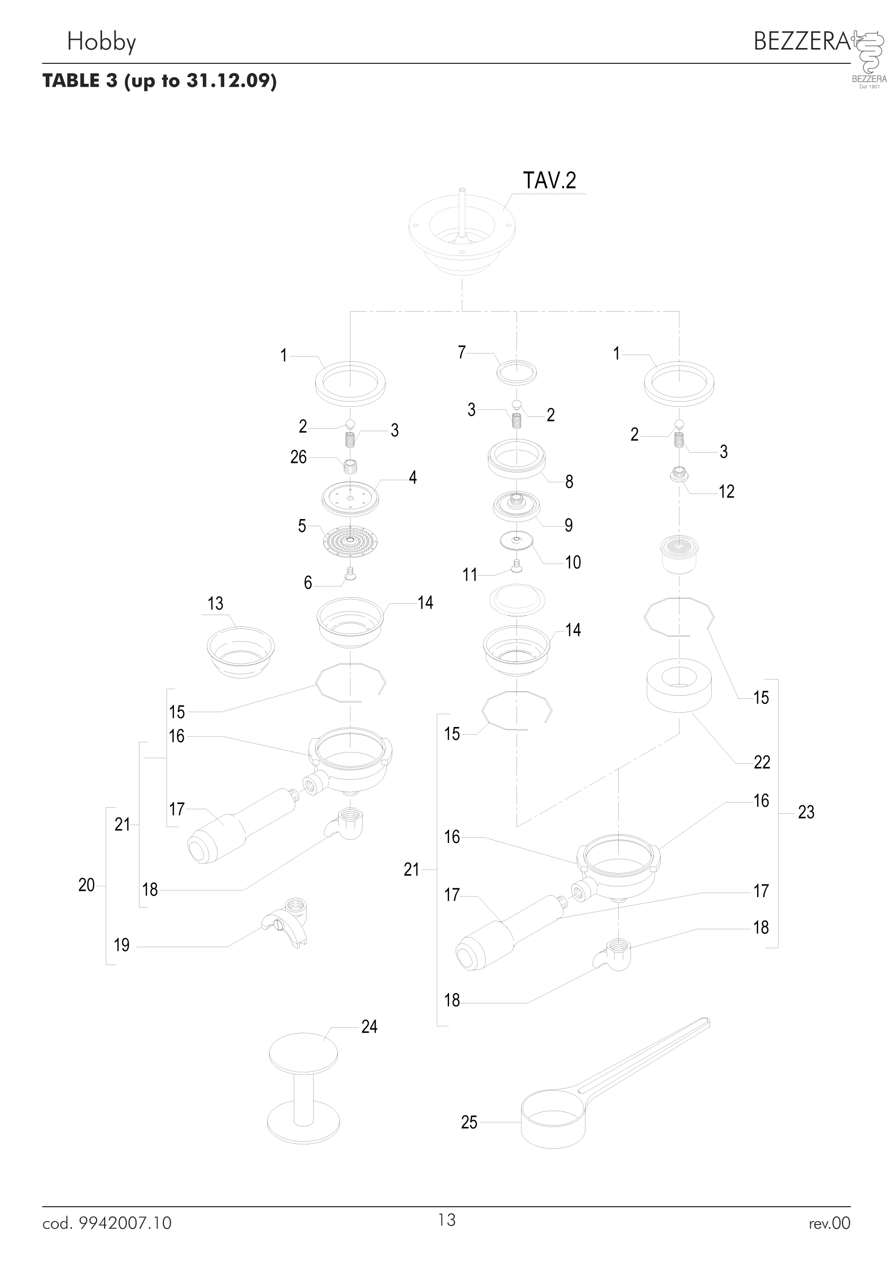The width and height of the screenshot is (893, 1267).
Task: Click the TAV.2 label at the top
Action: click(x=549, y=180)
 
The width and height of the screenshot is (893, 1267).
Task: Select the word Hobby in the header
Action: click(x=102, y=42)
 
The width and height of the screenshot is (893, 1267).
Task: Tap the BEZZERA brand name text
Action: click(x=802, y=41)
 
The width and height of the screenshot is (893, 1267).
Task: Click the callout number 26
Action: click(x=298, y=457)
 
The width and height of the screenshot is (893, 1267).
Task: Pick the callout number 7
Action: click(x=462, y=352)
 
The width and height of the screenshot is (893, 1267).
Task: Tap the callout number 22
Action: click(x=762, y=762)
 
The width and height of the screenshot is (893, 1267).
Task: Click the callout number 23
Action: click(x=806, y=812)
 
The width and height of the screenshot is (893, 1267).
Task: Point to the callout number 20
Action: click(x=87, y=885)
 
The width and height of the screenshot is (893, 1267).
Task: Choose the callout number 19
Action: click(x=122, y=945)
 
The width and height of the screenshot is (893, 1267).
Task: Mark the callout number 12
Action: click(x=726, y=491)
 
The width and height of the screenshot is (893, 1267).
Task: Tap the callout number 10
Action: click(x=573, y=562)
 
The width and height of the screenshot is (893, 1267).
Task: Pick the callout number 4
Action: click(x=413, y=477)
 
